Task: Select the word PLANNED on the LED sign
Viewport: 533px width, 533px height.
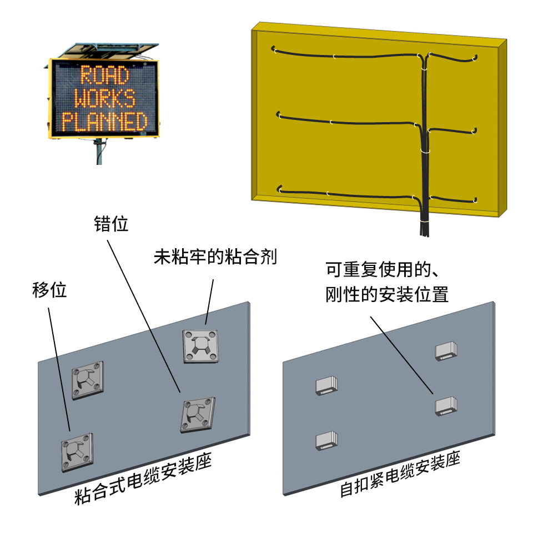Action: [105, 122]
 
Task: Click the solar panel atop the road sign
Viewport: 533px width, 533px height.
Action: [108, 51]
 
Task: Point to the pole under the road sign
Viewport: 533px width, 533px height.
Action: [99, 151]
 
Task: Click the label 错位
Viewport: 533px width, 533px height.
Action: [111, 224]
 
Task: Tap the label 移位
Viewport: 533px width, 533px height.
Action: [49, 290]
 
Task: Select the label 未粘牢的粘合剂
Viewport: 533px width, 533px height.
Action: [215, 256]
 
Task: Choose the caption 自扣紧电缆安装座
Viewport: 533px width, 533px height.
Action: [400, 474]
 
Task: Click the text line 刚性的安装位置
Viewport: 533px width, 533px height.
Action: [387, 294]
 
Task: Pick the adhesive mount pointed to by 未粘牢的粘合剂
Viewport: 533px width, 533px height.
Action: [200, 346]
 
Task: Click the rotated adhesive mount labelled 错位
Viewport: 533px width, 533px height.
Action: [198, 415]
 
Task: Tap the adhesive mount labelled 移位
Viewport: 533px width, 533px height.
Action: [77, 452]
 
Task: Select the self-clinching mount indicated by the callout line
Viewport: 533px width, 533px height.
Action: [446, 406]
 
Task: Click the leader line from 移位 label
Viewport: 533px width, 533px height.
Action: [59, 370]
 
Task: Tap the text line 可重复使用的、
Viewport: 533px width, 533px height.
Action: [383, 269]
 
